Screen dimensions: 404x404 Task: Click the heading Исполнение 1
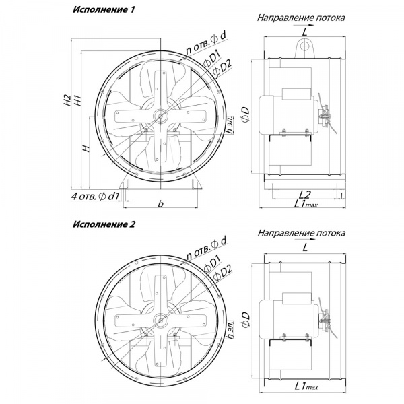(x=104, y=10)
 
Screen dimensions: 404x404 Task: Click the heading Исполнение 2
(x=104, y=224)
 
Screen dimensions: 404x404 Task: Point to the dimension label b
(x=160, y=203)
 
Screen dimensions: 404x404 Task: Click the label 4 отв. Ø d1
(x=95, y=197)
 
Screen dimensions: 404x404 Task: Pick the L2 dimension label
(x=305, y=195)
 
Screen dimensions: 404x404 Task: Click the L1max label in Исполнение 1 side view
(x=306, y=204)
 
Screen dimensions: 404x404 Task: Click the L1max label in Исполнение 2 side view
(x=306, y=386)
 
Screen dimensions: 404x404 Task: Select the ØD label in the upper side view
(x=246, y=114)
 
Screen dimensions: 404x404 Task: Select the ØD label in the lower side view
(x=246, y=320)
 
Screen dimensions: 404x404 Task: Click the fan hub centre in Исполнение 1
(x=160, y=116)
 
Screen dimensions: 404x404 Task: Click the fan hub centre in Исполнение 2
(x=160, y=321)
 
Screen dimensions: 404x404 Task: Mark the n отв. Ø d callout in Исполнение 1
(x=205, y=43)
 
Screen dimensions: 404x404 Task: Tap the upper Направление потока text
(x=301, y=18)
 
